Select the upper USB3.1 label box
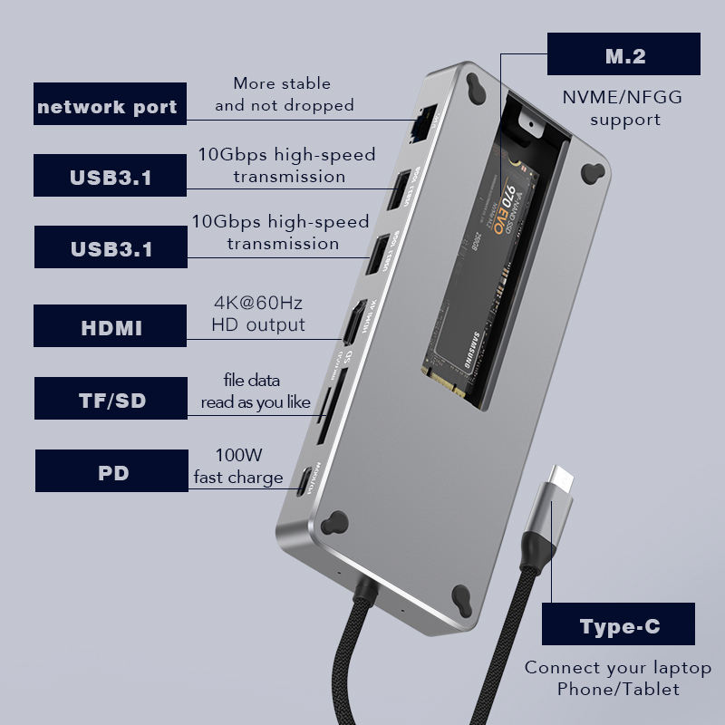click(111, 176)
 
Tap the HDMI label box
click(111, 326)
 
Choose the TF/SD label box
click(111, 400)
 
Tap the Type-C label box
click(619, 624)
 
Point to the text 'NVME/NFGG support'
click(624, 109)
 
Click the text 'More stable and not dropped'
click(284, 94)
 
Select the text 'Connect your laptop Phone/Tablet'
click(618, 679)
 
